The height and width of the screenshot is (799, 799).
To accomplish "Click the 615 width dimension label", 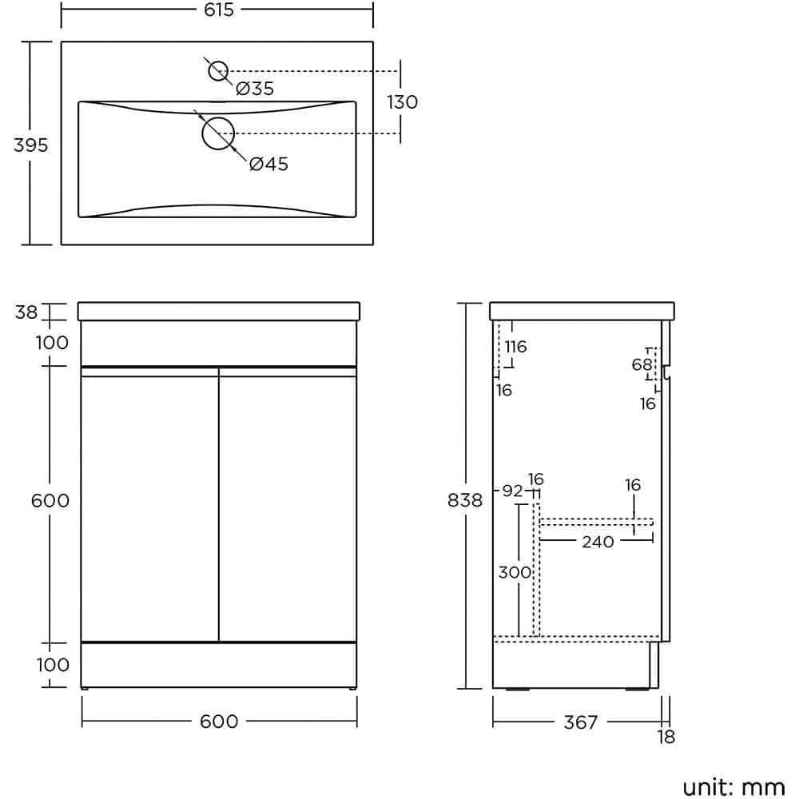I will (x=218, y=10).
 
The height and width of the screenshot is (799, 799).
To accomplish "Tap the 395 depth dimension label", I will (x=31, y=145).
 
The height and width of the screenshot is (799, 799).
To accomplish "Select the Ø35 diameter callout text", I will (x=255, y=89).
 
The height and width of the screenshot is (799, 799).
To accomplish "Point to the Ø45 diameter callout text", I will (x=268, y=165).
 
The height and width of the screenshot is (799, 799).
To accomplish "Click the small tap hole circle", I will (x=218, y=71).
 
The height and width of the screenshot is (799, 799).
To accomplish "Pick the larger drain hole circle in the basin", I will (x=217, y=133).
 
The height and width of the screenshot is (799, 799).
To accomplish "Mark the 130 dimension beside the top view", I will (x=403, y=102).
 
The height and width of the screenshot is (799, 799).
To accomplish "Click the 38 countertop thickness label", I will (x=26, y=312).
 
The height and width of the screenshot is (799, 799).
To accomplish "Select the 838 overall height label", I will (x=466, y=500).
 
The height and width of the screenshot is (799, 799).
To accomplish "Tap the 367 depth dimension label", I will (x=580, y=722).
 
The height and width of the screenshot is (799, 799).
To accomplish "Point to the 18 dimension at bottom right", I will (x=666, y=737).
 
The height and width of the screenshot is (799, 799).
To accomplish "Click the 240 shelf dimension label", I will (x=598, y=542).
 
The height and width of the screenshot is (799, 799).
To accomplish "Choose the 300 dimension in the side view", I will (x=515, y=572).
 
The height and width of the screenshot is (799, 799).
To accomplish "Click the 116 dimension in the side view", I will (x=516, y=347).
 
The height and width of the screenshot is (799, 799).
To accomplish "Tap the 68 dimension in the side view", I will (x=642, y=365).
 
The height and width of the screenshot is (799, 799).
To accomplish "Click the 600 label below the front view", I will (x=219, y=721).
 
